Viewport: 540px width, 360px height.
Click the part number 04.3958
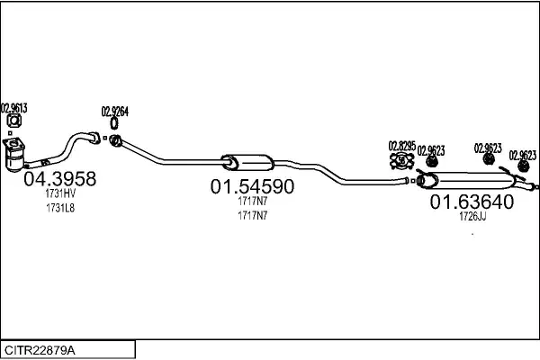[x=60, y=179]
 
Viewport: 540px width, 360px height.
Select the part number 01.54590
[x=252, y=186]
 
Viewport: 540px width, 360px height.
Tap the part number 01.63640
[x=472, y=202]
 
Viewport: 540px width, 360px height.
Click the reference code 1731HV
[x=60, y=193]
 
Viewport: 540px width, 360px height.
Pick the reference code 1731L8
[x=60, y=208]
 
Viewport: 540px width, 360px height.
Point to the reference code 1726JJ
[x=472, y=216]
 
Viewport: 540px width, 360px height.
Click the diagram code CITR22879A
[x=40, y=350]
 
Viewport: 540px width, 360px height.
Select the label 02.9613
[x=14, y=108]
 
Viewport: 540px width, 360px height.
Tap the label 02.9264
[x=114, y=112]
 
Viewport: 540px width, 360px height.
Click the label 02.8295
[x=402, y=146]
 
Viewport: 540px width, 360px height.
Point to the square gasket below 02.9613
[x=14, y=121]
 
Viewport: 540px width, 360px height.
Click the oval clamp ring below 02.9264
[x=114, y=123]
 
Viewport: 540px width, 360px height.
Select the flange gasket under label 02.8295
[x=401, y=161]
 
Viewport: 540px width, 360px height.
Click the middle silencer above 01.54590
[x=247, y=163]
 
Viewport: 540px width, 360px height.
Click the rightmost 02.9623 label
[x=523, y=156]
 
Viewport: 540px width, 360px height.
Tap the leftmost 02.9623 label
[x=431, y=150]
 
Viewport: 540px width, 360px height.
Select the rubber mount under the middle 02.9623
[x=488, y=159]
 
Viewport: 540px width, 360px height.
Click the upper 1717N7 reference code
[x=252, y=201]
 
